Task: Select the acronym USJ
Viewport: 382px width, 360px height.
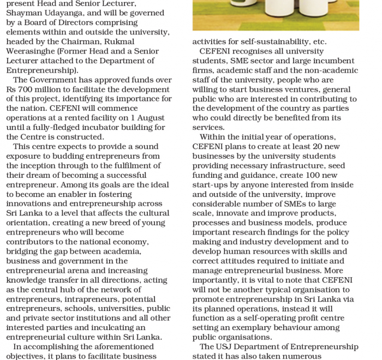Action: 226,347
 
